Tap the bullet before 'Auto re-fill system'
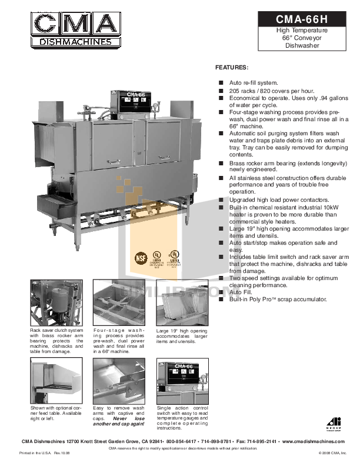tap(221, 84)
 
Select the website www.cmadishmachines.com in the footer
tap(314, 441)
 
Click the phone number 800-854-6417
tap(181, 441)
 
